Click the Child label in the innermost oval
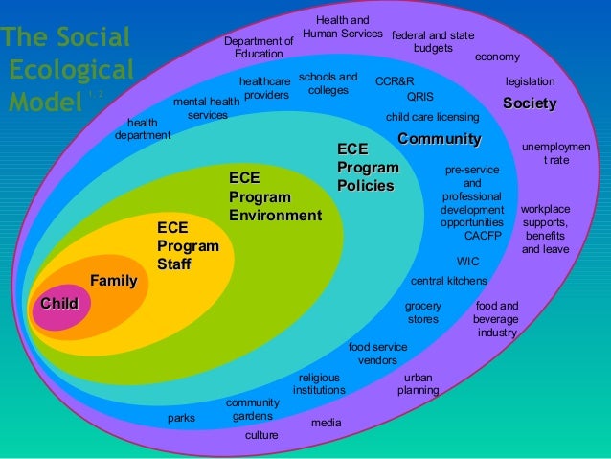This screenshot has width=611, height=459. pyautogui.click(x=58, y=304)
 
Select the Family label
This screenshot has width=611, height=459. pyautogui.click(x=113, y=281)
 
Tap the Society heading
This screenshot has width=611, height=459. pyautogui.click(x=530, y=103)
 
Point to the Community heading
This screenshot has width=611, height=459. pyautogui.click(x=439, y=140)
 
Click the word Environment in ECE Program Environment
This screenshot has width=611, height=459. pyautogui.click(x=275, y=216)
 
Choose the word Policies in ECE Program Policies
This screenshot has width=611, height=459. pyautogui.click(x=365, y=185)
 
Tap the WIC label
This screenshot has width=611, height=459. pyautogui.click(x=468, y=261)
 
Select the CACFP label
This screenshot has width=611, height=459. pyautogui.click(x=483, y=236)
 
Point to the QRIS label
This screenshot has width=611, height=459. pyautogui.click(x=420, y=97)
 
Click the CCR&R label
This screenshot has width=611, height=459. pyautogui.click(x=395, y=82)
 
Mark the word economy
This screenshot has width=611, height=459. pyautogui.click(x=497, y=57)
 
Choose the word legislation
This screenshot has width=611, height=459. pyautogui.click(x=531, y=82)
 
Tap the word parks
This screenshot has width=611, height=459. pyautogui.click(x=181, y=418)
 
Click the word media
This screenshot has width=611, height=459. pyautogui.click(x=326, y=422)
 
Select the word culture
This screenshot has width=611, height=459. pyautogui.click(x=261, y=435)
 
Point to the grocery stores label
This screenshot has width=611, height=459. pyautogui.click(x=422, y=312)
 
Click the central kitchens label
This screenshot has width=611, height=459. pyautogui.click(x=448, y=282)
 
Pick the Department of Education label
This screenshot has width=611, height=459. pyautogui.click(x=259, y=48)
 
